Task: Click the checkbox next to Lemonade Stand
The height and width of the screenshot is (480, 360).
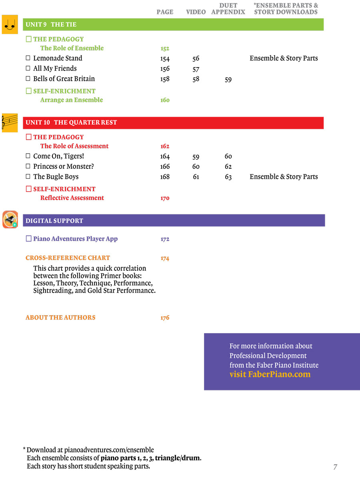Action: (28, 58)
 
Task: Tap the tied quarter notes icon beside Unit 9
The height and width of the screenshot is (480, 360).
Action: (10, 24)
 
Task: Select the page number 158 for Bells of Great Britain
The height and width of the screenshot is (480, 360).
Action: (165, 79)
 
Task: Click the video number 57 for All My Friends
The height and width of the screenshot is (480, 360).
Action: (196, 69)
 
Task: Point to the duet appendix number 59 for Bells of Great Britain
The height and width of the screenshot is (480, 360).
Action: (228, 80)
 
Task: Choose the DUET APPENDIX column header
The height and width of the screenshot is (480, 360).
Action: (228, 9)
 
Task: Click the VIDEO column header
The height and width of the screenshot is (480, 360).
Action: (196, 12)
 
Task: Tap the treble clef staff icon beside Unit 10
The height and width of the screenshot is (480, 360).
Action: (10, 122)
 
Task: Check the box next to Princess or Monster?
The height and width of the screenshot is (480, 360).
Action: (28, 166)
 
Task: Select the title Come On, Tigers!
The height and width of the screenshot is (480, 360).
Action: (58, 156)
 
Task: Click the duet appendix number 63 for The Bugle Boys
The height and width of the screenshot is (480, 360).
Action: (228, 177)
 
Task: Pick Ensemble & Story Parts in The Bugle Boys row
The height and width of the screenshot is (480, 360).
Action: (284, 177)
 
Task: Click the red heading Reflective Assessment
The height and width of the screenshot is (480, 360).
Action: (72, 198)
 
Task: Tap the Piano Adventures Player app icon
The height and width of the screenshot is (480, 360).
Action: (10, 220)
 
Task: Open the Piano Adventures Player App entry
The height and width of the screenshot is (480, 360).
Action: (75, 239)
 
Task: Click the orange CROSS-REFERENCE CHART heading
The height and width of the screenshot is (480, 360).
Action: (68, 258)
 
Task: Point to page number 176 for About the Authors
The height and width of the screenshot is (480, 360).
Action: (165, 318)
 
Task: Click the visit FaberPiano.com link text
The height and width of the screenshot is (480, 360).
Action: (270, 374)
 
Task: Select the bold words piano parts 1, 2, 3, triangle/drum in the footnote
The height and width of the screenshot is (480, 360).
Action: (150, 458)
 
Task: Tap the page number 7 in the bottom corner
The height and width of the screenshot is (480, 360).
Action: (335, 467)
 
